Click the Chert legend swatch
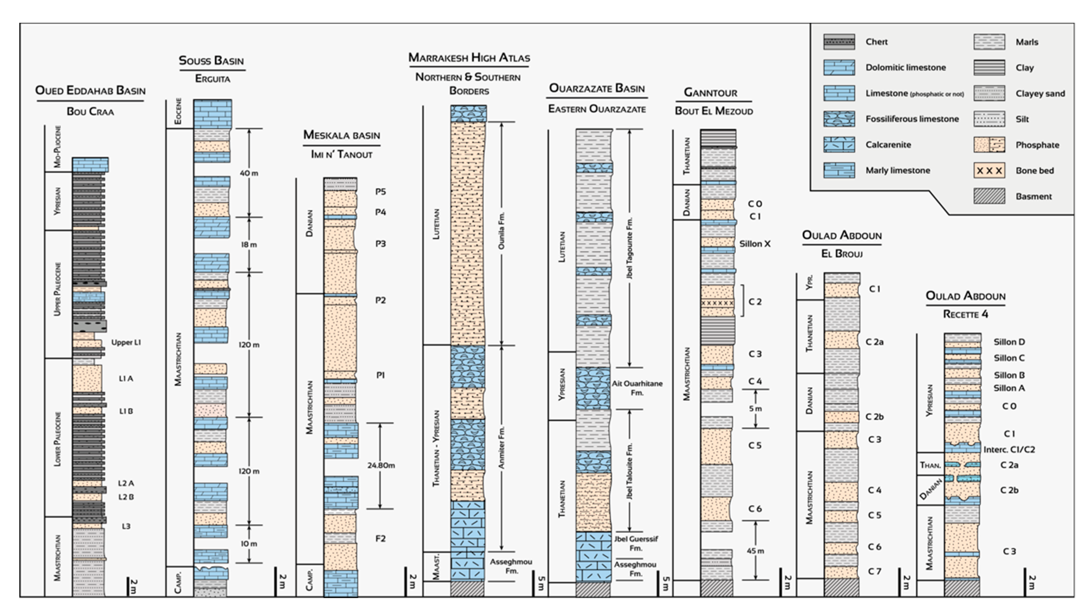tap(839, 42)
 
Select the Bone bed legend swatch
tap(989, 170)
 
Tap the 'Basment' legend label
tap(1033, 196)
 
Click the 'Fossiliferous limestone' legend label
tap(912, 119)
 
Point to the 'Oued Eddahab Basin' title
tap(90, 91)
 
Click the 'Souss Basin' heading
tap(211, 60)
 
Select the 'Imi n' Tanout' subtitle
tap(341, 154)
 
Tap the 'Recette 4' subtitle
tap(965, 314)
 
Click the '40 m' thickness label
tap(249, 173)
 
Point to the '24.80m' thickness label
tap(381, 465)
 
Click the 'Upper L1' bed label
tap(126, 342)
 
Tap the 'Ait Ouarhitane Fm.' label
tap(637, 388)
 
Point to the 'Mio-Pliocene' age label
tap(58, 146)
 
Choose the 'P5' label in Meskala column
tap(381, 192)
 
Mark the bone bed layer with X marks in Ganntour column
tap(717, 303)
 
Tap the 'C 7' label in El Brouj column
tap(874, 571)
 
